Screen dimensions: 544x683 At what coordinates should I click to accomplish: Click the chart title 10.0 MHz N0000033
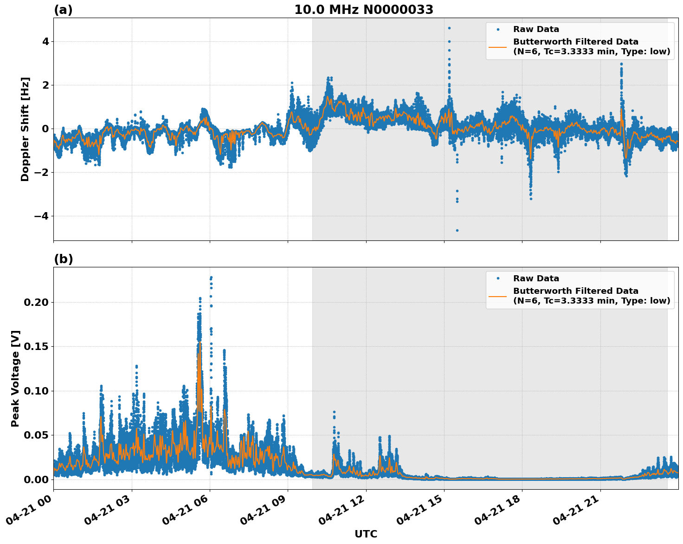pos(364,10)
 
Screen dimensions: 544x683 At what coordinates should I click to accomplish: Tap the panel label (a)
pos(63,10)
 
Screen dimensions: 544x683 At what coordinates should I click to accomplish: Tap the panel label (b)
pos(63,259)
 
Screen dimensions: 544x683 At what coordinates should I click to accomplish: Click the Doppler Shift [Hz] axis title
pos(25,129)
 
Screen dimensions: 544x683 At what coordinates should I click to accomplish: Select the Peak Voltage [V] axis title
pos(15,378)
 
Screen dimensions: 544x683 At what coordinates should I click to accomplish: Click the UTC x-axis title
pos(366,534)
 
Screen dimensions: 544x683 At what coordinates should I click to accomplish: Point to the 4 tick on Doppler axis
pos(45,42)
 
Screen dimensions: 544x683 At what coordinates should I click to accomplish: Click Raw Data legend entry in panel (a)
pos(536,30)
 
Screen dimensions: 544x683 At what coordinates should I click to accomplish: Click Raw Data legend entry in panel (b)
pos(536,278)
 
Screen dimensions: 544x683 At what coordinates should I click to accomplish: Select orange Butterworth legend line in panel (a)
pos(498,47)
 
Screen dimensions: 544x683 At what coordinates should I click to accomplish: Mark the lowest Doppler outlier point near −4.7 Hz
pos(457,230)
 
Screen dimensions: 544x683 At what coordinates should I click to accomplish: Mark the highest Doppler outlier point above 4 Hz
pos(449,28)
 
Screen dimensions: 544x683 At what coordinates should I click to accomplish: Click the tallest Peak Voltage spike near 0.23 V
pos(211,278)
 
